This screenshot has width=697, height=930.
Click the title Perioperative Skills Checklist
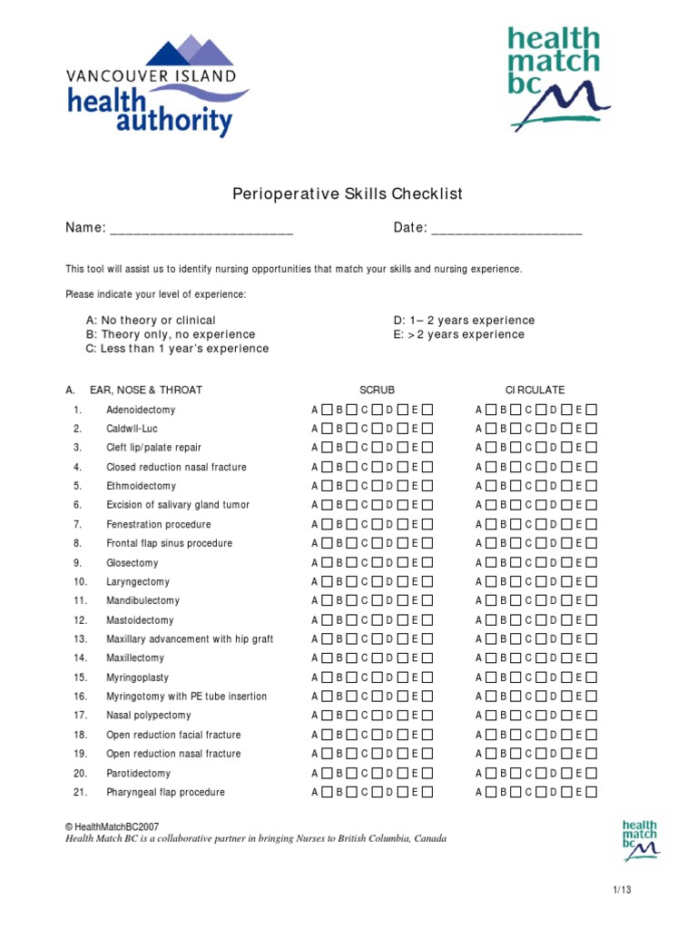click(x=348, y=193)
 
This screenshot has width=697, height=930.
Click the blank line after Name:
click(x=201, y=229)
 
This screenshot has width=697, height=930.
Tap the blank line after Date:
click(x=506, y=229)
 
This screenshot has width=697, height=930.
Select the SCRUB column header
click(x=377, y=390)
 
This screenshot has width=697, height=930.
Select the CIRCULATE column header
click(x=535, y=390)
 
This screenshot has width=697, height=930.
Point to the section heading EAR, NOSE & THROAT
click(x=145, y=390)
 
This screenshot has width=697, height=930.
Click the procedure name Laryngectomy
click(x=138, y=581)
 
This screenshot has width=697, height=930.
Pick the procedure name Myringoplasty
click(x=137, y=678)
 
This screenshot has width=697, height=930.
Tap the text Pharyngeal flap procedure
click(x=165, y=792)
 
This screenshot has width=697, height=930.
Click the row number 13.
click(x=80, y=639)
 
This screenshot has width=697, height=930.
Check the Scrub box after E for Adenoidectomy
click(x=427, y=410)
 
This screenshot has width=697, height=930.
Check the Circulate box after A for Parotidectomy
click(x=490, y=773)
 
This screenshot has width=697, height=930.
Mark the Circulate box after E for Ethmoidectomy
click(x=591, y=486)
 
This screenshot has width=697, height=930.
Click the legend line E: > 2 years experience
click(x=458, y=334)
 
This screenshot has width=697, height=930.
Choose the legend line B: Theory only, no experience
click(x=171, y=334)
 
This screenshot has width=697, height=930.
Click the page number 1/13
click(x=622, y=890)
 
